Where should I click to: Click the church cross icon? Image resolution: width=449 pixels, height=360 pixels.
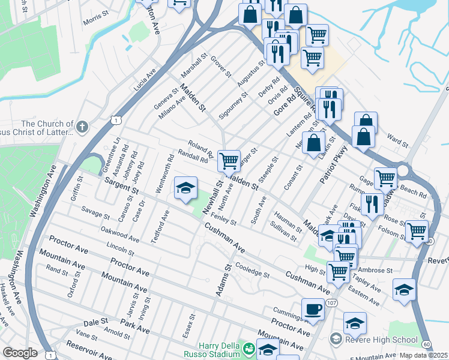click(82, 127)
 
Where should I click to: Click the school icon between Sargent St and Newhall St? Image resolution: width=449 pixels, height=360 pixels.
click(186, 188)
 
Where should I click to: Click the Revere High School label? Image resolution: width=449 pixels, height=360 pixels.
click(382, 340)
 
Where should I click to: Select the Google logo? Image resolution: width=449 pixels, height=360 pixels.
click(20, 353)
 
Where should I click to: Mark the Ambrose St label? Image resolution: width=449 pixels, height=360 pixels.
click(375, 270)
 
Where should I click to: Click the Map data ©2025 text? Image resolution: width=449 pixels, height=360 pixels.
click(424, 355)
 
